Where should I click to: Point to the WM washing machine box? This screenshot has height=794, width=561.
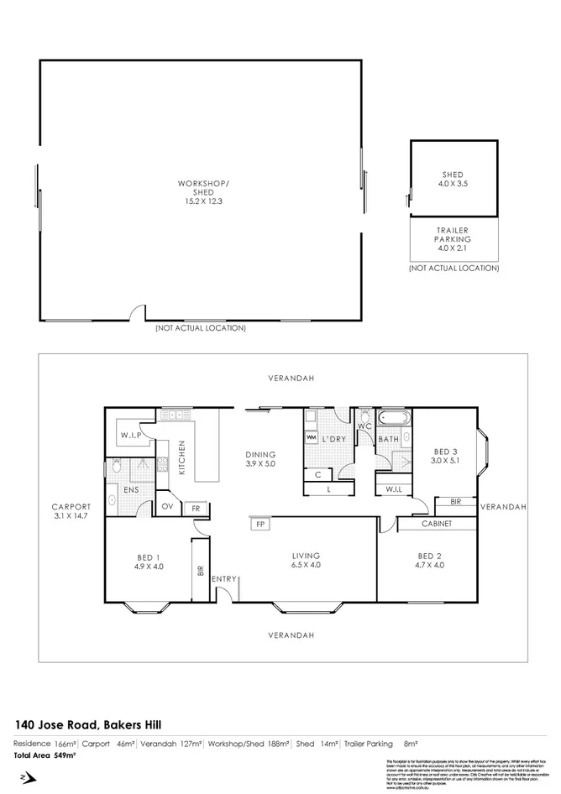(311, 437)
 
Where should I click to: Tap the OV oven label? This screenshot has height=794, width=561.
(167, 506)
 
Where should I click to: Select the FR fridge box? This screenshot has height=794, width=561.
(195, 508)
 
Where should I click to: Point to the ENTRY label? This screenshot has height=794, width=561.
(223, 579)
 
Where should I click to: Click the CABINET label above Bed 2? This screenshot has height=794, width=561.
(437, 524)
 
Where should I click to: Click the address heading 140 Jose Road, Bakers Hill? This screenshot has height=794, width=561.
(89, 724)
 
